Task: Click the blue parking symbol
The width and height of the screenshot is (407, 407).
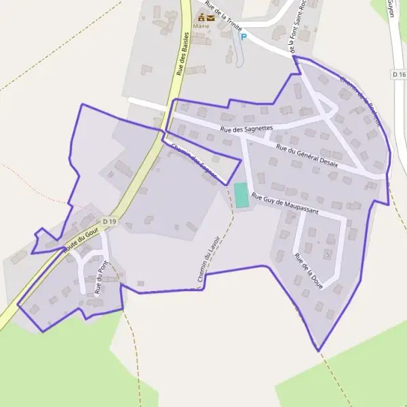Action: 244,36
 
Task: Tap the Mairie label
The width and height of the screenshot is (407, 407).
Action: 201,26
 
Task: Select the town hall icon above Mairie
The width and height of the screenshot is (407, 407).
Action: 201,18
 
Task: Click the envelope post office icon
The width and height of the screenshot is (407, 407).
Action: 211,18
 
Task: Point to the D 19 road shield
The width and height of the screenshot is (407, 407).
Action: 110,221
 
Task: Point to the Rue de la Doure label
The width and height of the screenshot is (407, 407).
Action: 308,271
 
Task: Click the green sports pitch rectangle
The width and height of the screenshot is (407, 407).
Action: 241,195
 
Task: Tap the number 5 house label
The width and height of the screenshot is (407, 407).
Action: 328,254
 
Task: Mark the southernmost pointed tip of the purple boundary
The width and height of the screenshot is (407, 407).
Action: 318,351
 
